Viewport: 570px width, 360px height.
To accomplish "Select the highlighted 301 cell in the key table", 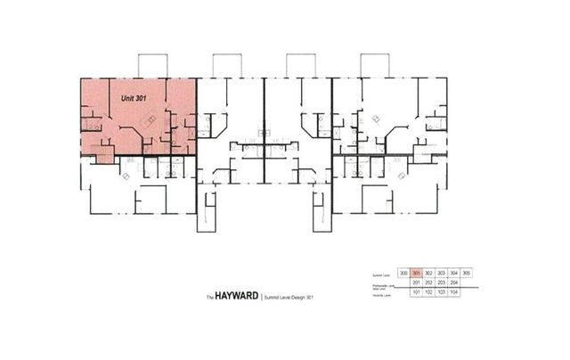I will pos(416,274).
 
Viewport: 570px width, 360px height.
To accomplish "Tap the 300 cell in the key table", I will pos(403,274).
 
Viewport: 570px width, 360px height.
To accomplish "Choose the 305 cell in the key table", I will pos(466,274).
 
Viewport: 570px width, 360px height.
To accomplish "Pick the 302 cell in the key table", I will pos(428,274).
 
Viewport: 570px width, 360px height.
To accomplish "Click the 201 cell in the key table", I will pos(416,282).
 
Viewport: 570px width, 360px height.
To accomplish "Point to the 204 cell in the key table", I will pos(453,282).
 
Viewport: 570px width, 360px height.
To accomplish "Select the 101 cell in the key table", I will pos(416,292).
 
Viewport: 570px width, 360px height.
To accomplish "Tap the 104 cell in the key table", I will pos(453,292).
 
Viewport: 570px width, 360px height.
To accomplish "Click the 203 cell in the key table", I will pos(441,282).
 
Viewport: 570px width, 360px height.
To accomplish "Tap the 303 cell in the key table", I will pos(441,274).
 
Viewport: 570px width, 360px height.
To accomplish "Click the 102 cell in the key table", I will pos(428,292).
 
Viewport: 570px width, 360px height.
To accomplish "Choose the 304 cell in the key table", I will pos(453,274).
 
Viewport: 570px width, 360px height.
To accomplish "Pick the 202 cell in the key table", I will pos(428,282).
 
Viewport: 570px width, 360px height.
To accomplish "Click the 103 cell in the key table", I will pos(441,292).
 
